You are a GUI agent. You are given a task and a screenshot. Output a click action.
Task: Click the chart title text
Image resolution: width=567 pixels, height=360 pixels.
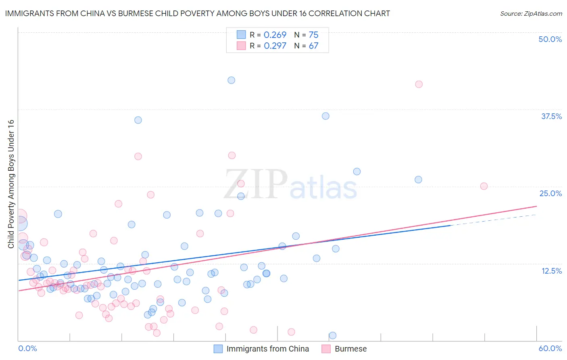tap(197, 13)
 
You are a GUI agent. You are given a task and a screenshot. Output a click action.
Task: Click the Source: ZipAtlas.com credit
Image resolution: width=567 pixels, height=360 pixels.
tap(531, 13)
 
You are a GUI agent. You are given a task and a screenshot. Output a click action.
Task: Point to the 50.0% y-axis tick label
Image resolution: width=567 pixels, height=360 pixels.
tap(550, 39)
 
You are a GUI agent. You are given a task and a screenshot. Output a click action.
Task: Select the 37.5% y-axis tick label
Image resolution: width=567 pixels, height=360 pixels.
tap(551, 116)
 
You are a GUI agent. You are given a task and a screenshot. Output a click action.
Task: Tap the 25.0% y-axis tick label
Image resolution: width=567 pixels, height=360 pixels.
tap(550, 193)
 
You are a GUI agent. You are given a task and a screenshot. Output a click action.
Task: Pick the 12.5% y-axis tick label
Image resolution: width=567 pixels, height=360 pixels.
tap(551, 271)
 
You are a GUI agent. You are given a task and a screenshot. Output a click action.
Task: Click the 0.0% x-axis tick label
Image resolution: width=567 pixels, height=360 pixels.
tap(27, 348)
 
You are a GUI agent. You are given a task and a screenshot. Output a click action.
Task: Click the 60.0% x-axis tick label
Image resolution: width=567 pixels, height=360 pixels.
tap(550, 348)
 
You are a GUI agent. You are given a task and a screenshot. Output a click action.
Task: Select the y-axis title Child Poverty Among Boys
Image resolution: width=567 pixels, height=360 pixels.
tap(11, 184)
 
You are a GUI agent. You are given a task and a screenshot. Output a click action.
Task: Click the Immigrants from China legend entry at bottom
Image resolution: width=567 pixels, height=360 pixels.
tap(267, 349)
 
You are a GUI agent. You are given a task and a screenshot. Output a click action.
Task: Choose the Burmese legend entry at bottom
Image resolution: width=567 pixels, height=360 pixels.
tap(350, 349)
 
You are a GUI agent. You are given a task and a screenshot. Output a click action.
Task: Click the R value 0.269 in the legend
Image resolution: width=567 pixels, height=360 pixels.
tap(275, 35)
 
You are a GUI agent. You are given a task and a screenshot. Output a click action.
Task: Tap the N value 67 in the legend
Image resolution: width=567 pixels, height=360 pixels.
tap(313, 46)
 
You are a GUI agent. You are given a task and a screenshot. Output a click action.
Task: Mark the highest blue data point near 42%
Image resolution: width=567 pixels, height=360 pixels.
tap(231, 80)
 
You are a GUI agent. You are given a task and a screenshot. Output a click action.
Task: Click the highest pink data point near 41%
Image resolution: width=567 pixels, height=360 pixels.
tap(419, 84)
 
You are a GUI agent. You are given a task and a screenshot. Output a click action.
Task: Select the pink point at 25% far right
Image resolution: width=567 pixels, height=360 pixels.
tap(484, 186)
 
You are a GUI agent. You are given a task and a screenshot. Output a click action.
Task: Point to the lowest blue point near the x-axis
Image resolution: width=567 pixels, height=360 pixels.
tap(332, 335)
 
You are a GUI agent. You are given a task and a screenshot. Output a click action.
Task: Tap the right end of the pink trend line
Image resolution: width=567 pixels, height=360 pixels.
tap(536, 207)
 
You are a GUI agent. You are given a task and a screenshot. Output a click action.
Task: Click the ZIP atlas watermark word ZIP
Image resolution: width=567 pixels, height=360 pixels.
tap(256, 184)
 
